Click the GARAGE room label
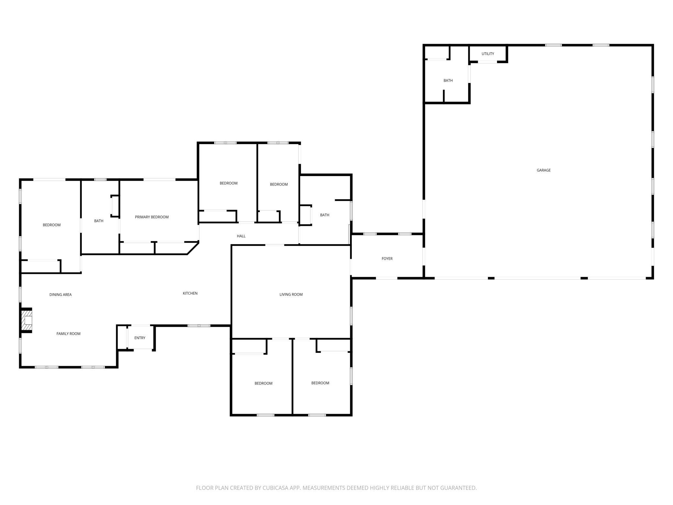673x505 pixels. pyautogui.click(x=544, y=170)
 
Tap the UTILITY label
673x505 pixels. pyautogui.click(x=488, y=54)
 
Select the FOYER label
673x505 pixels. pyautogui.click(x=387, y=259)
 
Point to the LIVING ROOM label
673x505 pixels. pyautogui.click(x=291, y=295)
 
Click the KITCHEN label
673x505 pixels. pyautogui.click(x=190, y=293)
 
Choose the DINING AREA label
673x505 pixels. pyautogui.click(x=61, y=295)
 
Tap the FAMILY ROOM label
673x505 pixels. pyautogui.click(x=68, y=334)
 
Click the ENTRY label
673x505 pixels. pyautogui.click(x=140, y=338)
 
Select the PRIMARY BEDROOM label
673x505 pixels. pyautogui.click(x=152, y=217)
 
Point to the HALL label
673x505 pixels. pyautogui.click(x=241, y=236)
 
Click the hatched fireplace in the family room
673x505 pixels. pyautogui.click(x=27, y=320)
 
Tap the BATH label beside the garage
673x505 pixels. pyautogui.click(x=448, y=81)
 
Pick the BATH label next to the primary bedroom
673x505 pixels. pyautogui.click(x=99, y=221)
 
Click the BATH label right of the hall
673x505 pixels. pyautogui.click(x=325, y=215)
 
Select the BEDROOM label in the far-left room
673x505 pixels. pyautogui.click(x=52, y=225)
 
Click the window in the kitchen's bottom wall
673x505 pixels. pyautogui.click(x=199, y=326)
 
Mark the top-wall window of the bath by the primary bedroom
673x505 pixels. pyautogui.click(x=100, y=180)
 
